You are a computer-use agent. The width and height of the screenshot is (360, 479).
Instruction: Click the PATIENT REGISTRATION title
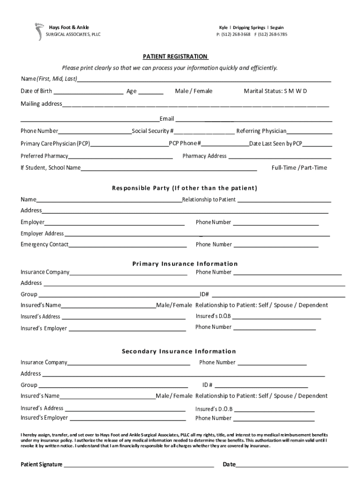pyautogui.click(x=175, y=57)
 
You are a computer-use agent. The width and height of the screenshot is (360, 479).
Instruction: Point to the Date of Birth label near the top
pyautogui.click(x=36, y=91)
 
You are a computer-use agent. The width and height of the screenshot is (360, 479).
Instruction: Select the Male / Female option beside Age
pyautogui.click(x=194, y=91)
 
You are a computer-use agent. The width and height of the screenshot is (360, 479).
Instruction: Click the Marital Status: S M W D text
pyautogui.click(x=275, y=91)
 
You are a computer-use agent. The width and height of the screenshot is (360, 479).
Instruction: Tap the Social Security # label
pyautogui.click(x=153, y=131)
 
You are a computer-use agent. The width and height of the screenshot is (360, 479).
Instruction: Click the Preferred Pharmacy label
pyautogui.click(x=44, y=156)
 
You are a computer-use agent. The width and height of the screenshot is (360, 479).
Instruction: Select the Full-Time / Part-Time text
pyautogui.click(x=299, y=168)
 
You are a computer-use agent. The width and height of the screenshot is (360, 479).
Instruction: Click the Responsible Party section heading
pyautogui.click(x=184, y=189)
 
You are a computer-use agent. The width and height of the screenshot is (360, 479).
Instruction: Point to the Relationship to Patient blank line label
pyautogui.click(x=209, y=200)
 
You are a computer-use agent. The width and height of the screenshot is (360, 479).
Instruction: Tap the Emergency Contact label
pyautogui.click(x=44, y=245)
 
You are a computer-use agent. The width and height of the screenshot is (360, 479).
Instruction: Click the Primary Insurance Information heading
pyautogui.click(x=185, y=264)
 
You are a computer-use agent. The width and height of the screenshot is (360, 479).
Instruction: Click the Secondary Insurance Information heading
pyautogui.click(x=179, y=351)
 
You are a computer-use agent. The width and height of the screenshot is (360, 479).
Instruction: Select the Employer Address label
pyautogui.click(x=42, y=233)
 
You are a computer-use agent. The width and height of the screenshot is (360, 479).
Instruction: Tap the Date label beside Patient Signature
pyautogui.click(x=229, y=464)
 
